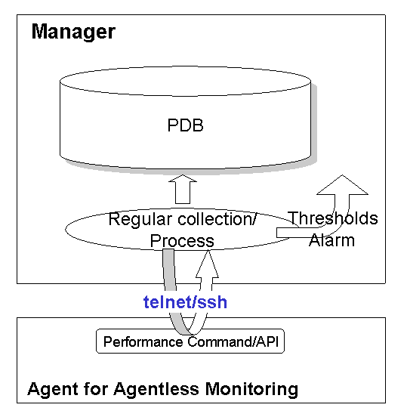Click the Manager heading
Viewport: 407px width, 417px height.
pyautogui.click(x=73, y=32)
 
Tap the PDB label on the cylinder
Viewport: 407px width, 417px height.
pyautogui.click(x=185, y=125)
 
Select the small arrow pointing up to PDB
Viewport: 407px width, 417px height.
pyautogui.click(x=183, y=189)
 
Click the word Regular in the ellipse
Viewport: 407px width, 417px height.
pyautogui.click(x=140, y=220)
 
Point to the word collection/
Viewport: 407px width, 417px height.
pyautogui.click(x=217, y=219)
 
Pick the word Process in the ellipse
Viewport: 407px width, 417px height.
pyautogui.click(x=182, y=241)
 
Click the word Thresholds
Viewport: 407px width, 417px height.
pyautogui.click(x=333, y=218)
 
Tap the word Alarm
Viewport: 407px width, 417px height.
pyautogui.click(x=331, y=240)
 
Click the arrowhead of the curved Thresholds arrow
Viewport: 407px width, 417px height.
pyautogui.click(x=342, y=184)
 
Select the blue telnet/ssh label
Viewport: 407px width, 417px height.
pyautogui.click(x=185, y=302)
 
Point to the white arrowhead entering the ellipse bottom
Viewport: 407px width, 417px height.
pyautogui.click(x=208, y=264)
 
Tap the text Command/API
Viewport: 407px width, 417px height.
pyautogui.click(x=233, y=341)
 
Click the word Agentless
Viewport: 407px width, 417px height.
pyautogui.click(x=156, y=389)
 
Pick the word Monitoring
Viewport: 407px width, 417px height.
pyautogui.click(x=251, y=390)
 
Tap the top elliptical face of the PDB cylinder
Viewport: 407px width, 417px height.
pyautogui.click(x=185, y=81)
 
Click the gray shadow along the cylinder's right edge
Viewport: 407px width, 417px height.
pyautogui.click(x=314, y=122)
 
